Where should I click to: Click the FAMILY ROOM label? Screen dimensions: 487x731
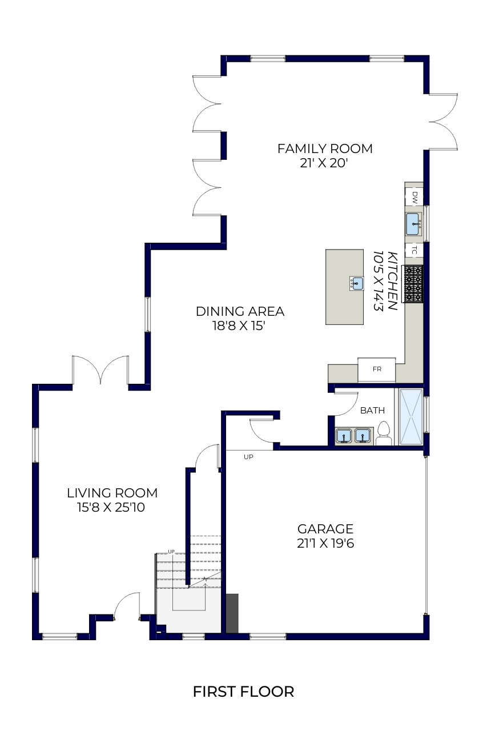click(x=324, y=149)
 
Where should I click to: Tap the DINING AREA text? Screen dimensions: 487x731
click(x=240, y=312)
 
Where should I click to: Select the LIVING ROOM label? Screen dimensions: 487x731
click(x=112, y=493)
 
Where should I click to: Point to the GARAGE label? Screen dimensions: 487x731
click(x=325, y=529)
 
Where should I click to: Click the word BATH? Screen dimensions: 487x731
click(x=372, y=411)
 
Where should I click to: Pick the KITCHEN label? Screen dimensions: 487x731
click(x=392, y=280)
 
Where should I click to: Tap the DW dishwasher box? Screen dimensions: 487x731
click(x=414, y=197)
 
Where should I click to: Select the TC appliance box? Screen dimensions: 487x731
click(x=414, y=250)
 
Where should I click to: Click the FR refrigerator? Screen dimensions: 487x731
click(x=377, y=369)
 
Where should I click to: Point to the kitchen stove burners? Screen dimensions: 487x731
click(x=413, y=284)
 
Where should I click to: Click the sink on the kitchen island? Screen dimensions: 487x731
click(x=356, y=283)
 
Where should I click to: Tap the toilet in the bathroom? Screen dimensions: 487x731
click(x=384, y=433)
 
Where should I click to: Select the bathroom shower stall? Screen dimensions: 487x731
click(x=411, y=417)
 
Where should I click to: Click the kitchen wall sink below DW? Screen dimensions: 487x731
click(x=413, y=224)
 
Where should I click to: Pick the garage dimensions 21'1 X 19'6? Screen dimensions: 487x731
click(x=325, y=543)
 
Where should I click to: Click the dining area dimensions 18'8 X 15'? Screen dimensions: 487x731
click(x=239, y=326)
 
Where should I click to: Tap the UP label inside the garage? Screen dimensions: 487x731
click(x=248, y=457)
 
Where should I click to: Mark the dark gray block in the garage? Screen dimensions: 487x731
click(x=232, y=613)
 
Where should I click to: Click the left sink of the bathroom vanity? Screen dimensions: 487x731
click(x=344, y=436)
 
